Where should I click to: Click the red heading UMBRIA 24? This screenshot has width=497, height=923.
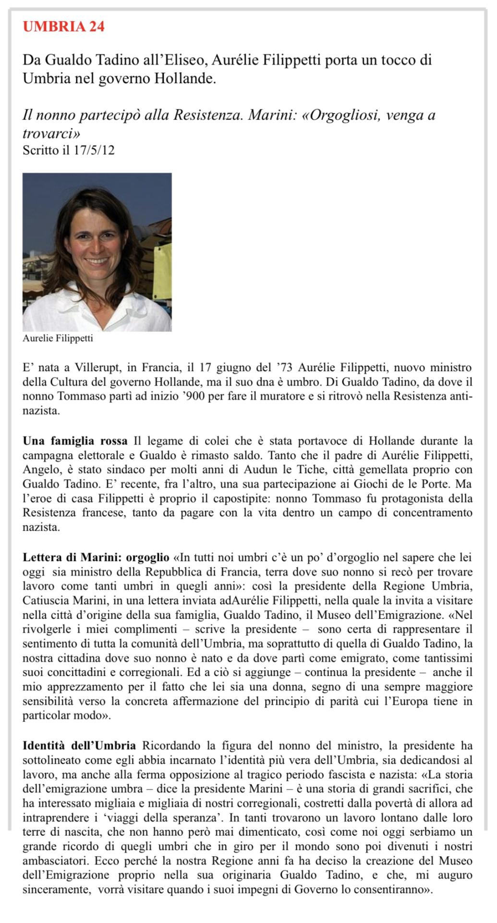63,26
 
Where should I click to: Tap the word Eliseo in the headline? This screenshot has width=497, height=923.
183,61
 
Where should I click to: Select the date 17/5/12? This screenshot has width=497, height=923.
94,150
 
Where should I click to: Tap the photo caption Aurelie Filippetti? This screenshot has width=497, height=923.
58,338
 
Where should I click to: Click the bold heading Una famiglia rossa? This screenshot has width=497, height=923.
75,441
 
